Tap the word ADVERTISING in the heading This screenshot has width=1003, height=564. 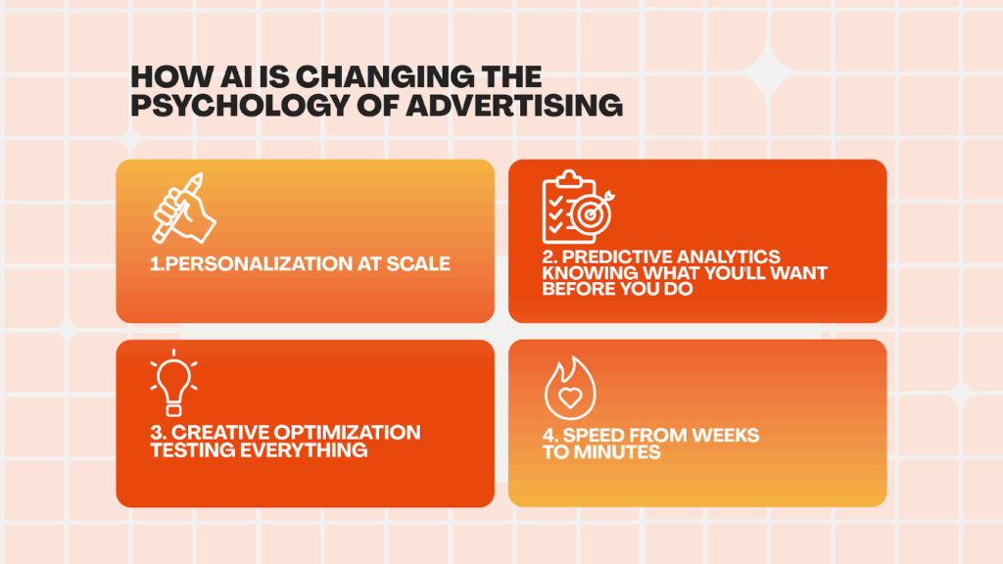pyautogui.click(x=513, y=105)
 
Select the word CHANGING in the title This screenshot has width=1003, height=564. pyautogui.click(x=386, y=76)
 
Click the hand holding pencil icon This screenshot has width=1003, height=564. pyautogui.click(x=184, y=209)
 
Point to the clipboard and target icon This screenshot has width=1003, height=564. pyautogui.click(x=578, y=208)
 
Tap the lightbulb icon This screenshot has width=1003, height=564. pyautogui.click(x=173, y=383)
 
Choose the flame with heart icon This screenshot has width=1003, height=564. pyautogui.click(x=569, y=388)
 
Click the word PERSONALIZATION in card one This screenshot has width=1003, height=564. pyautogui.click(x=258, y=264)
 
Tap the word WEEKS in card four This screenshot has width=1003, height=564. pyautogui.click(x=726, y=436)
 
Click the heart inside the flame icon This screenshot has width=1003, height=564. pyautogui.click(x=570, y=399)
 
